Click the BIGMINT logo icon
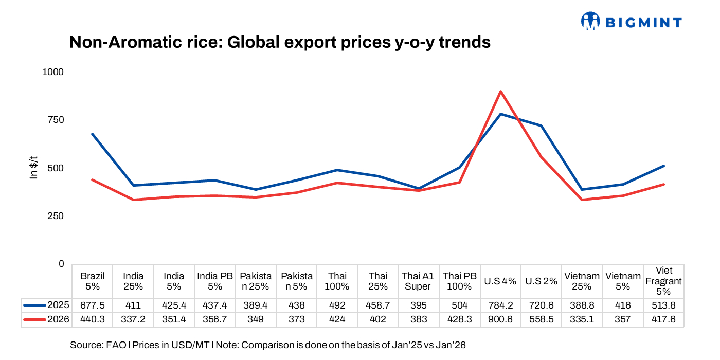(x=590, y=21)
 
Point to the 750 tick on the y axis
(x=53, y=120)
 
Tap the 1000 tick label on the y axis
(x=52, y=72)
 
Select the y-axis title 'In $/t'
(x=34, y=168)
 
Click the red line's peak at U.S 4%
(x=500, y=92)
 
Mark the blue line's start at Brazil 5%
(x=93, y=134)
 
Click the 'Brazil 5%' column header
(x=93, y=281)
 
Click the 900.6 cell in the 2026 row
(x=500, y=319)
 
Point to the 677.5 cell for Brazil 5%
(x=93, y=305)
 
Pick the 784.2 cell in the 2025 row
(x=500, y=305)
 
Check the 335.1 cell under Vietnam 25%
(x=582, y=319)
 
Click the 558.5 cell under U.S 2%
(x=542, y=319)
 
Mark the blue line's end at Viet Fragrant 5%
(x=663, y=166)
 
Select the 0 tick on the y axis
(x=61, y=264)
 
